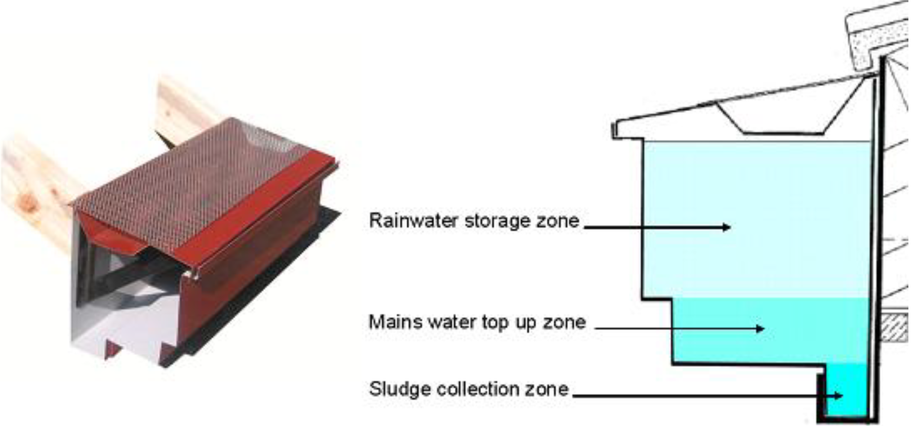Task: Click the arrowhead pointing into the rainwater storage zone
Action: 727,227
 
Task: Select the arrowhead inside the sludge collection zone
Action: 838,395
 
